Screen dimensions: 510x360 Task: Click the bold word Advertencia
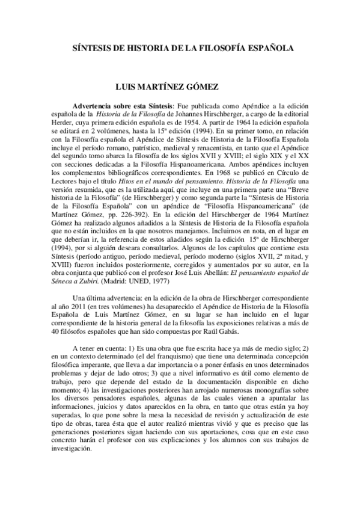pos(92,104)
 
